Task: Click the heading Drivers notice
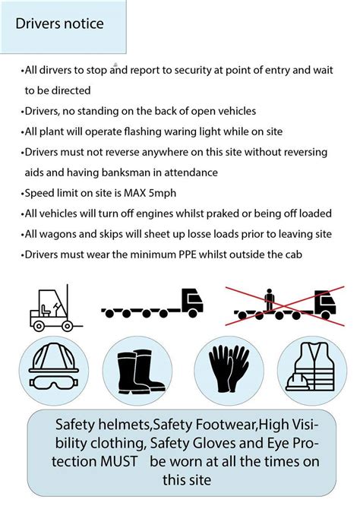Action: (x=59, y=24)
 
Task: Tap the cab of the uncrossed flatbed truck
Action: (x=192, y=302)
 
